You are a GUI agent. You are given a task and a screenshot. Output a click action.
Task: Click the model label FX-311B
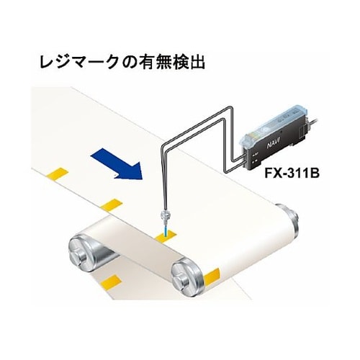(x=292, y=174)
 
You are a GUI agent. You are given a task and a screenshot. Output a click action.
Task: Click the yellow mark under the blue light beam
(x=166, y=235)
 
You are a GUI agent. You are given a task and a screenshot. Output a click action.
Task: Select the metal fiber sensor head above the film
(x=166, y=215)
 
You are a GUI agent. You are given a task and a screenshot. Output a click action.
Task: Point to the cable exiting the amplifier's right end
(x=314, y=123)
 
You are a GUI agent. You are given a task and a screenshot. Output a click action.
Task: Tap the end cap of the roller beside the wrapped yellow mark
(x=184, y=276)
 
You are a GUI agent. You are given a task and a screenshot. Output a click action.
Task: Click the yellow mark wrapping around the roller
(x=212, y=277)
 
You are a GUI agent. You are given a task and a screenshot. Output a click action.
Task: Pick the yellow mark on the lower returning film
(x=111, y=282)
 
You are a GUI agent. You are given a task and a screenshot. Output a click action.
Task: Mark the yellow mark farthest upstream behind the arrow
(x=58, y=174)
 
